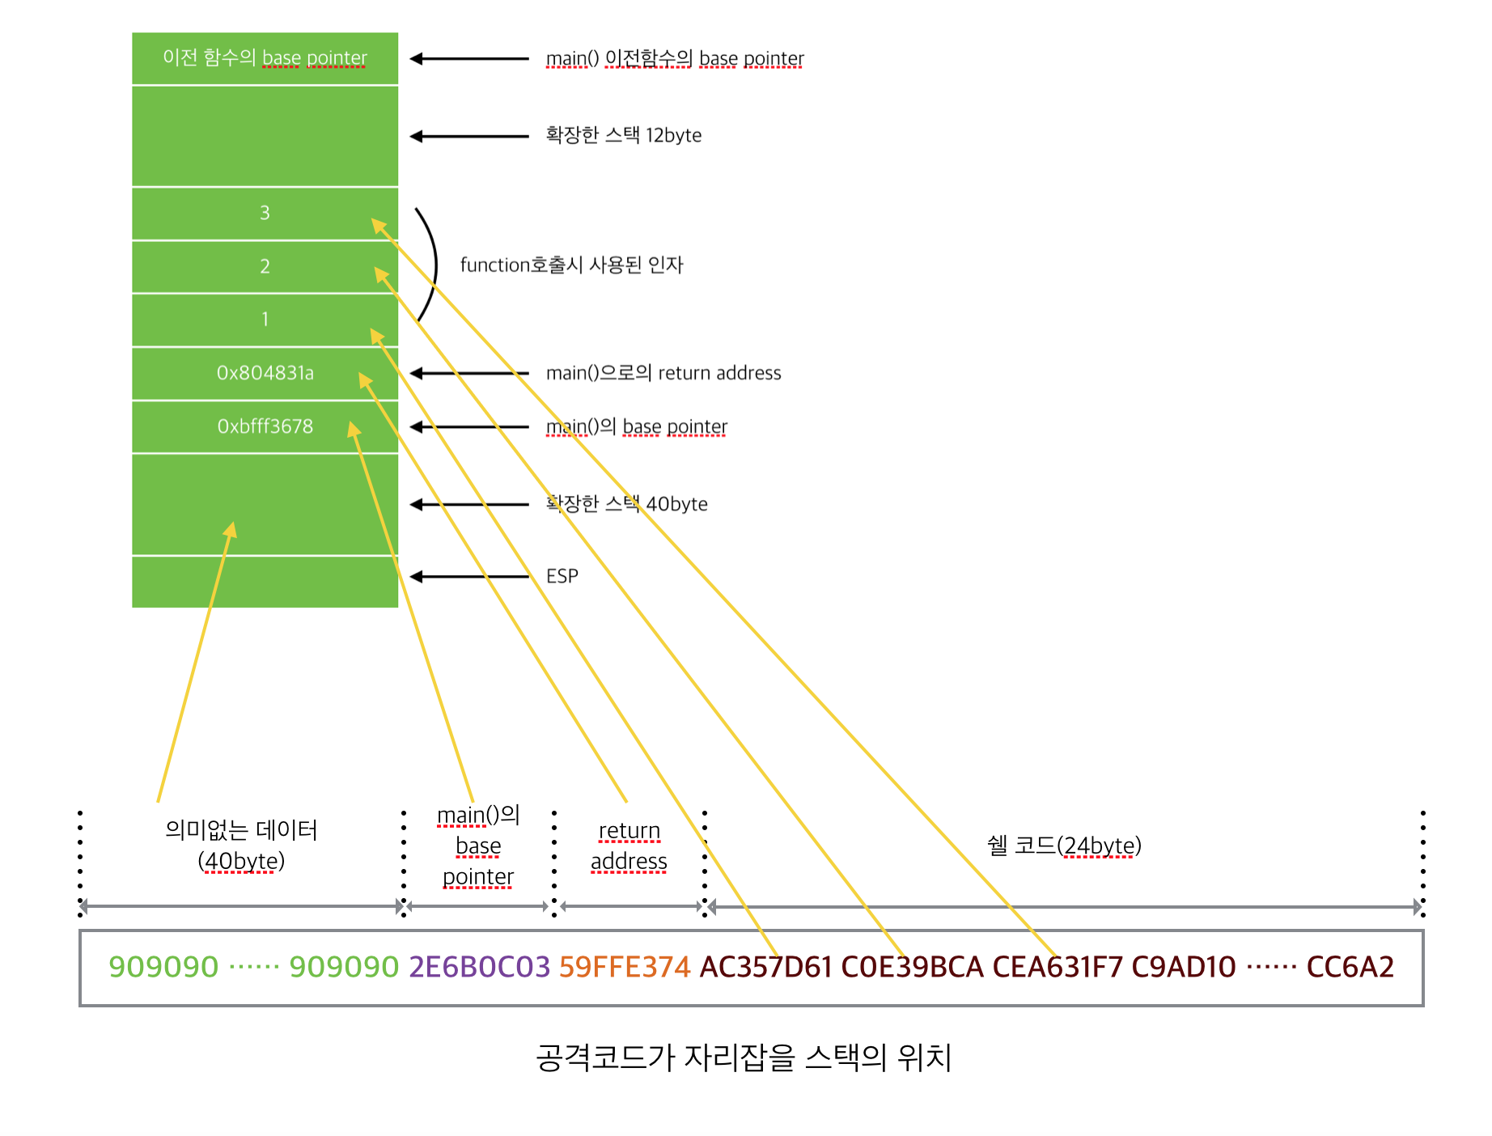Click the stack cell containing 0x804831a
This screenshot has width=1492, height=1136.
pos(265,373)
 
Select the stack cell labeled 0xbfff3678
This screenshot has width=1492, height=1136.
pos(265,426)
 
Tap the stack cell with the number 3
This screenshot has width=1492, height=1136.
pos(265,213)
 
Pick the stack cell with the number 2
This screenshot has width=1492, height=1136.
pos(265,266)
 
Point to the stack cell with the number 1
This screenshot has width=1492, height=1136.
pos(265,320)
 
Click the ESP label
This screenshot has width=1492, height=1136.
pos(562,576)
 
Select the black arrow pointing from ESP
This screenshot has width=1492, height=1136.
pos(469,576)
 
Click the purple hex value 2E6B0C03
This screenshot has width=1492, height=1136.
pos(479,967)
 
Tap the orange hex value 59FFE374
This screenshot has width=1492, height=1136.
pos(625,967)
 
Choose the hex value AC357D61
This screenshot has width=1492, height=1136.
pos(765,967)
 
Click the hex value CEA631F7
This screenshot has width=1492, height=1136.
pos(1058,967)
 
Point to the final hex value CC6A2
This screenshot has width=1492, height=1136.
pos(1350,967)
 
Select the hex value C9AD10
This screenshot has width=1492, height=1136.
pos(1184,967)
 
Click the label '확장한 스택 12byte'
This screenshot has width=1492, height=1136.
pos(623,135)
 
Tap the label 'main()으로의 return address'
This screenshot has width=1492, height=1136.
pos(663,373)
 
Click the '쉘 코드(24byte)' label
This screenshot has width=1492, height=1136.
pos(1064,846)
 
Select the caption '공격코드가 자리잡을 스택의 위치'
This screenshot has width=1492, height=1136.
pos(744,1058)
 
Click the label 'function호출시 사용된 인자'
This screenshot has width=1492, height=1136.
pos(571,265)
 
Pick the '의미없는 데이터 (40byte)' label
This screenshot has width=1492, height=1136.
pos(241,846)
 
